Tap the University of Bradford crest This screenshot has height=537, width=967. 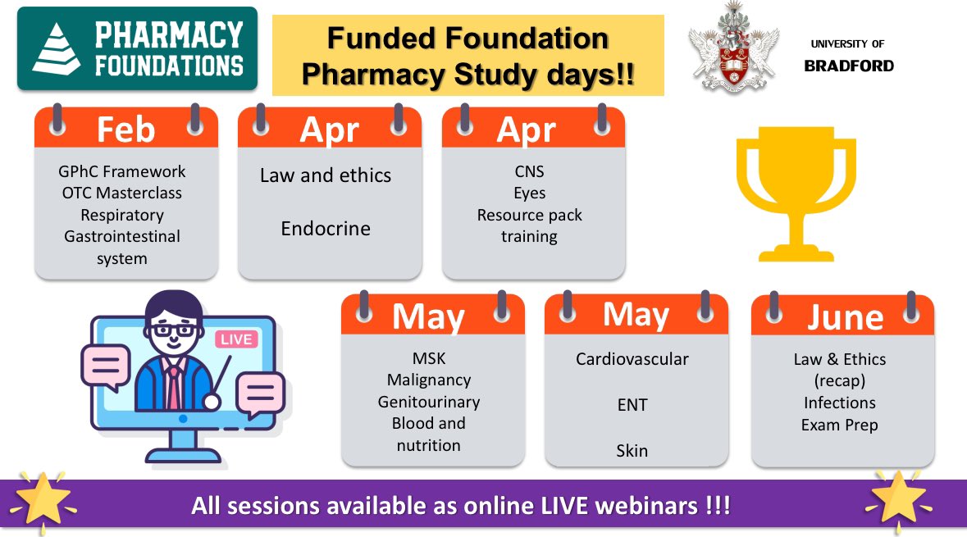(x=732, y=52)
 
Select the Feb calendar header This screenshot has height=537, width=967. (x=125, y=130)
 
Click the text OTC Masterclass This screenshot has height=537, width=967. (x=122, y=193)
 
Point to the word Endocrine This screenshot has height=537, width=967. (x=326, y=229)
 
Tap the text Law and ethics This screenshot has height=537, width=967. (x=326, y=175)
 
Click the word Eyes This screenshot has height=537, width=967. (x=529, y=193)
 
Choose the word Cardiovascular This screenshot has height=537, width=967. (x=632, y=359)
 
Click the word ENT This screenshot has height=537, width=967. (x=632, y=405)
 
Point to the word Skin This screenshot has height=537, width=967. (x=632, y=451)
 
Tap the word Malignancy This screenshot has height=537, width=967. (x=429, y=380)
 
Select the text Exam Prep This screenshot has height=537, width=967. (x=839, y=425)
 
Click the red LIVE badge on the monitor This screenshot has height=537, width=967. (x=236, y=339)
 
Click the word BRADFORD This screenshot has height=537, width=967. (x=849, y=66)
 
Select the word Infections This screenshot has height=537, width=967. (x=839, y=403)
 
